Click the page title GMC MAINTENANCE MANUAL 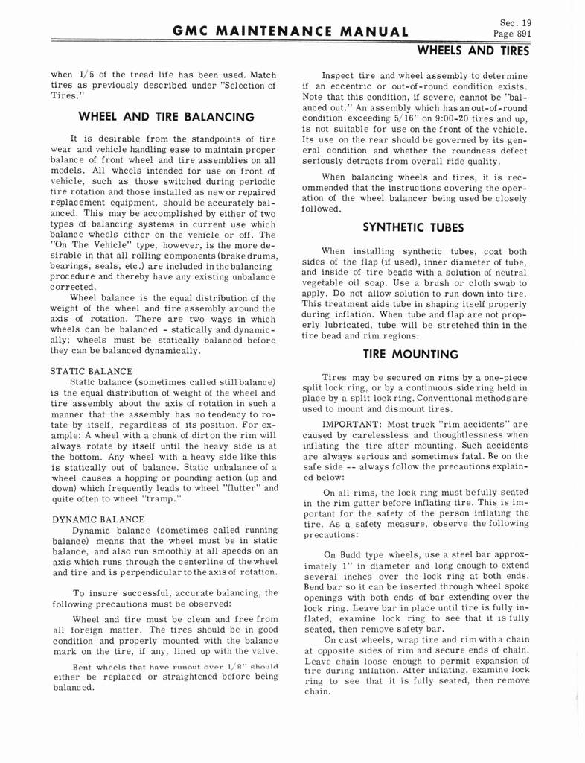click(x=290, y=31)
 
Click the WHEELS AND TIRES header click(x=473, y=51)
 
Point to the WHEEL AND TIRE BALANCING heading click(x=166, y=117)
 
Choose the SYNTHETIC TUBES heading click(x=412, y=227)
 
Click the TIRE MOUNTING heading click(x=412, y=355)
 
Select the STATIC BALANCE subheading click(x=92, y=370)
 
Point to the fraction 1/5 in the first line click(x=83, y=75)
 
